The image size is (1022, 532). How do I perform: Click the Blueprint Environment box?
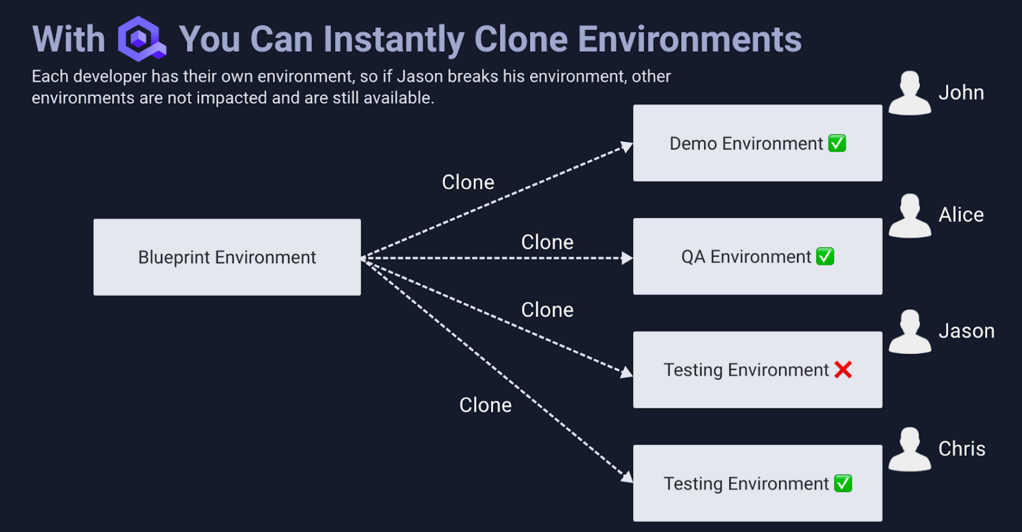click(227, 257)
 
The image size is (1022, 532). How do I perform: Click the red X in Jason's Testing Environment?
click(843, 370)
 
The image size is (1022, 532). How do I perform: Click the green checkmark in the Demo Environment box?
click(837, 143)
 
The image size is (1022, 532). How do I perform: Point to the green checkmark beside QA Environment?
click(825, 257)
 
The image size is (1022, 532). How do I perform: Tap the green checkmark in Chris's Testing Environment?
click(843, 483)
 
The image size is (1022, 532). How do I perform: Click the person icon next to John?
click(909, 94)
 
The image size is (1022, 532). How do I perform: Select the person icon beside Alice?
click(909, 216)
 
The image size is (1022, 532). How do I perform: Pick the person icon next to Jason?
click(909, 332)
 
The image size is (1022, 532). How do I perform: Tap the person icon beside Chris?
click(909, 450)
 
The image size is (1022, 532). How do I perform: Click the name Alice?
click(961, 215)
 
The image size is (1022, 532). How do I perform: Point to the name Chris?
click(961, 449)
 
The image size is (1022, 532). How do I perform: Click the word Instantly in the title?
click(393, 39)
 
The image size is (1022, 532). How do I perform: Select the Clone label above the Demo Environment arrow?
click(468, 182)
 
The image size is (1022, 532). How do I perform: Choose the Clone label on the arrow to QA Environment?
click(547, 242)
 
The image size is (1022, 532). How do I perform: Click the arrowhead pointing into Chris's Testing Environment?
click(626, 477)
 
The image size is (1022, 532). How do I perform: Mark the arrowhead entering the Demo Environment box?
click(626, 147)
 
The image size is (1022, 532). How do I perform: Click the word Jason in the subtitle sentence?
click(420, 76)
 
